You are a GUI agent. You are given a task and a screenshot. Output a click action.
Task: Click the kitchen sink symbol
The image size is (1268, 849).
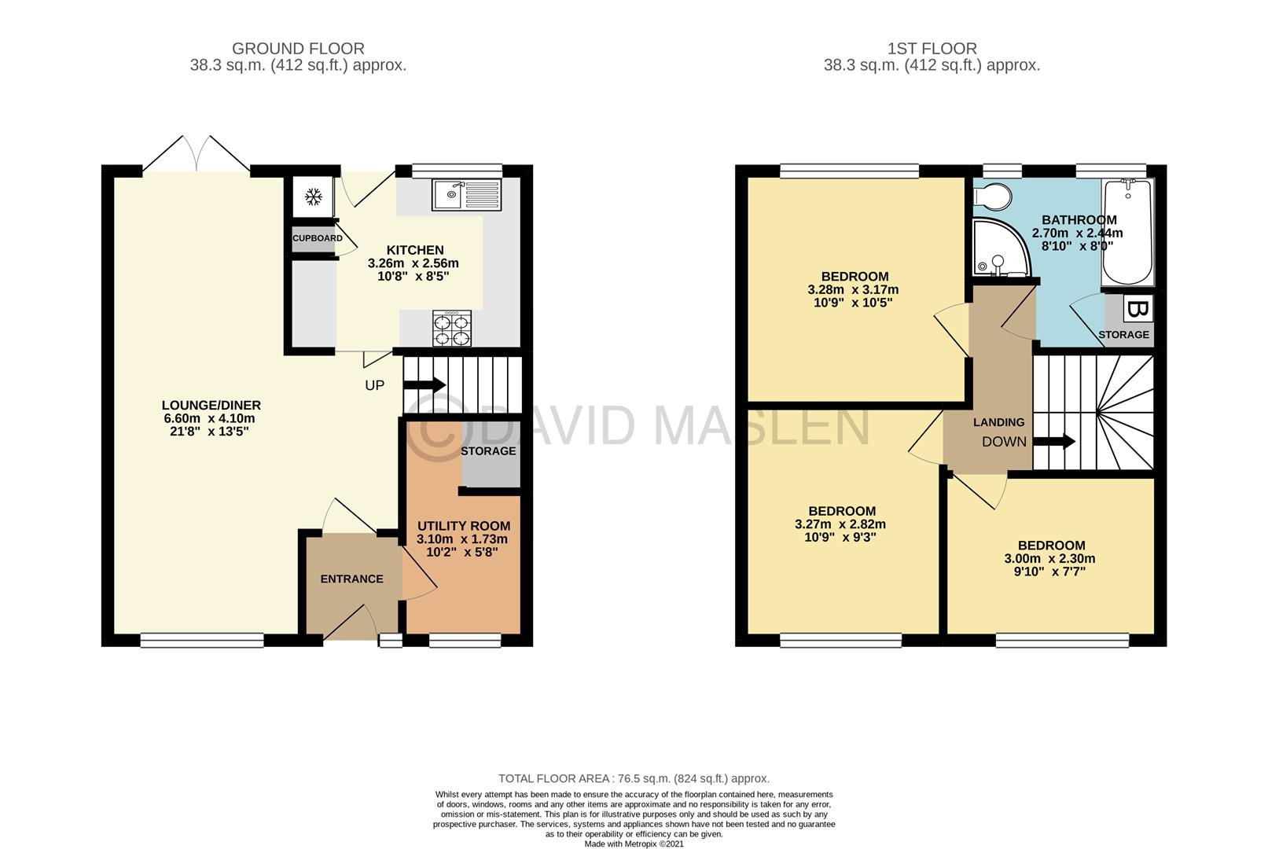(x=465, y=194)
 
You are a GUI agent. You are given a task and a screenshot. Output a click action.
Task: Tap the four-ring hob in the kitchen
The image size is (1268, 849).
(x=452, y=329)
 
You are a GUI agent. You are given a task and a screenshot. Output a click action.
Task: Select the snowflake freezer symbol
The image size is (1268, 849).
(x=313, y=197)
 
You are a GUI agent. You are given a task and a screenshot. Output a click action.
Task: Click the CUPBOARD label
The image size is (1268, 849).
(x=318, y=238)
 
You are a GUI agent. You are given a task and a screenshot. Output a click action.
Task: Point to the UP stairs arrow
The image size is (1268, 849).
(x=425, y=384)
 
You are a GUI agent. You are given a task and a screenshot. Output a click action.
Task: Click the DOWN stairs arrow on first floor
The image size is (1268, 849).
(x=1054, y=442)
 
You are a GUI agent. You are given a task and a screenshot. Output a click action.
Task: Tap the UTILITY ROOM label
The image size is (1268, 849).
(x=463, y=526)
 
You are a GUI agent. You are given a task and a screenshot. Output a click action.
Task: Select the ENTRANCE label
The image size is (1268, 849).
(x=351, y=579)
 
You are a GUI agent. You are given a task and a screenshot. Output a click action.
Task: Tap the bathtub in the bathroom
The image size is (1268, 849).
(x=1127, y=231)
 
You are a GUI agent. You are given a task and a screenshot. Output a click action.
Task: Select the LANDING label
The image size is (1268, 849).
(x=998, y=422)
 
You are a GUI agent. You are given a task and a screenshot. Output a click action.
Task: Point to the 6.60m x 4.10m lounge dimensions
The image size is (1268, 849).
(x=211, y=418)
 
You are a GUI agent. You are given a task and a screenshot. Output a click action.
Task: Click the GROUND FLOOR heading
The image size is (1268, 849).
(x=298, y=49)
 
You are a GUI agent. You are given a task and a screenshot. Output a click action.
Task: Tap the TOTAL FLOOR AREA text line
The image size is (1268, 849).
(x=634, y=778)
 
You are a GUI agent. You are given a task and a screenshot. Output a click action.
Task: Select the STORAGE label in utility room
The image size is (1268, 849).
(x=488, y=450)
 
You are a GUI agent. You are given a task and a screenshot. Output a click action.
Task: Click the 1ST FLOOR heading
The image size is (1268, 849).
(x=932, y=49)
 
